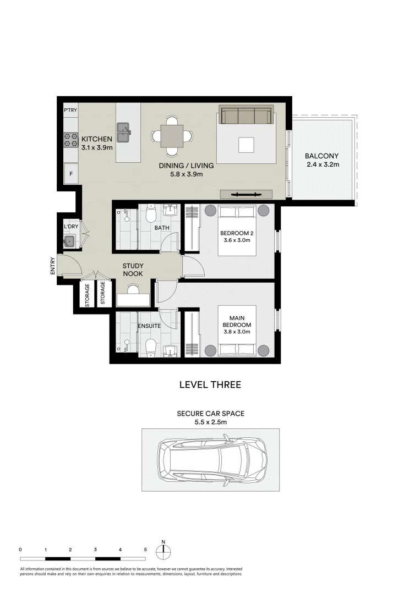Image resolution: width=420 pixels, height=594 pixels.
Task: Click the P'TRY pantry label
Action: click(70, 110)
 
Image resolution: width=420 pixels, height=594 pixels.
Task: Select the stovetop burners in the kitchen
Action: click(71, 140)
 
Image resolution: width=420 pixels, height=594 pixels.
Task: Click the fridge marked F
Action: click(70, 174)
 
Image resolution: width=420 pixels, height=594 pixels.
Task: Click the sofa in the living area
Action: click(246, 116)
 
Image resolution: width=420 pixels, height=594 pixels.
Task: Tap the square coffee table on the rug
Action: click(246, 145)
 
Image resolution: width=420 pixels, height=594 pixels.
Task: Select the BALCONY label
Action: click(321, 156)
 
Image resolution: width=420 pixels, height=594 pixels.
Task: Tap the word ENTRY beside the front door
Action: click(53, 267)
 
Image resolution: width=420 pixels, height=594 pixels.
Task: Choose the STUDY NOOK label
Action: click(133, 269)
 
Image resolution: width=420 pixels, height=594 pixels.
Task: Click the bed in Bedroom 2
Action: click(237, 230)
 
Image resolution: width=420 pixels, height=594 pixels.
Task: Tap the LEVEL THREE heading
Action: click(210, 385)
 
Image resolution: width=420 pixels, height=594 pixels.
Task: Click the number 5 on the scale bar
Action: click(145, 549)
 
